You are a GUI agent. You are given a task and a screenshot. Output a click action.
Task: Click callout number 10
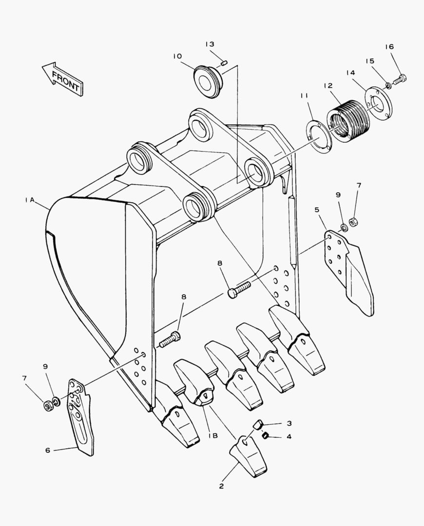coord(177,56)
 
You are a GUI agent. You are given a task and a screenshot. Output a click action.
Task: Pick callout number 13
coord(210,44)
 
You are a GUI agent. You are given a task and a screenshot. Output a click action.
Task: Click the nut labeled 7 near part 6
coord(48,405)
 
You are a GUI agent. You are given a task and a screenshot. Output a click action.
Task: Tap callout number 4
coord(289,436)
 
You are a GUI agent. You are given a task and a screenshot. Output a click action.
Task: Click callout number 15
coord(370,61)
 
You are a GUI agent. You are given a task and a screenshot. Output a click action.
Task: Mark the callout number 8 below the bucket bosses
coord(220,263)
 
